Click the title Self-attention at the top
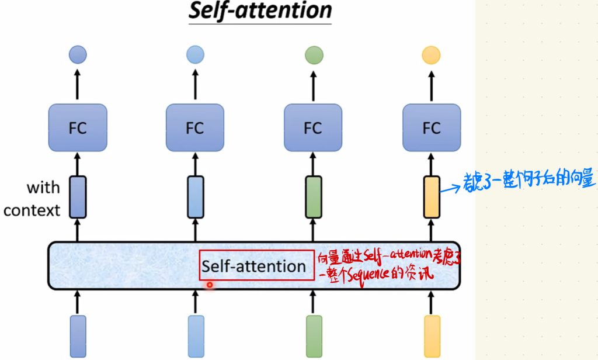click(260, 11)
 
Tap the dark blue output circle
click(78, 55)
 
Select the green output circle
click(314, 55)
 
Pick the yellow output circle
click(431, 55)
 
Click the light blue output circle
click(195, 55)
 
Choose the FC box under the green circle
click(313, 128)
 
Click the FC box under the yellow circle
click(432, 128)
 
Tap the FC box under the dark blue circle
click(78, 128)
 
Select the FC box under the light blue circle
click(195, 128)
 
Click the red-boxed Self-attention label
click(254, 266)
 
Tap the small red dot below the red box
click(209, 285)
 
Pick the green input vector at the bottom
click(314, 336)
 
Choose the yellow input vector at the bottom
click(432, 336)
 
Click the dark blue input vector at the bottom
click(78, 336)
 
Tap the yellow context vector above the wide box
click(432, 197)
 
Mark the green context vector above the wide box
click(314, 197)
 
